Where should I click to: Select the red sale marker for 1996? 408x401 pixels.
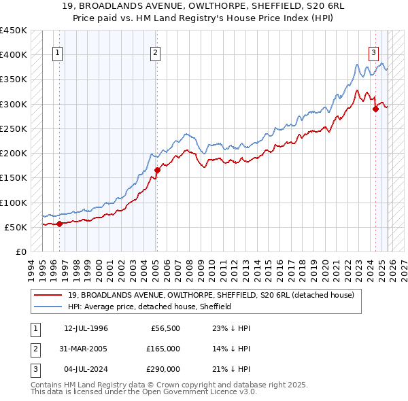[x=59, y=224]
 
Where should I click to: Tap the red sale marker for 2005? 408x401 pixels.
[x=157, y=170]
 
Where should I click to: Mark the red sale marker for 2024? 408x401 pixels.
[x=375, y=108]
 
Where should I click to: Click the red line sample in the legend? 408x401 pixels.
[x=50, y=295]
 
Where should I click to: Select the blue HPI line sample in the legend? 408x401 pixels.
[x=50, y=307]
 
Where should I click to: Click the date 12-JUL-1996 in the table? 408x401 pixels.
[x=86, y=328]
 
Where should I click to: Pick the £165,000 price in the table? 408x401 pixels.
[x=163, y=349]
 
